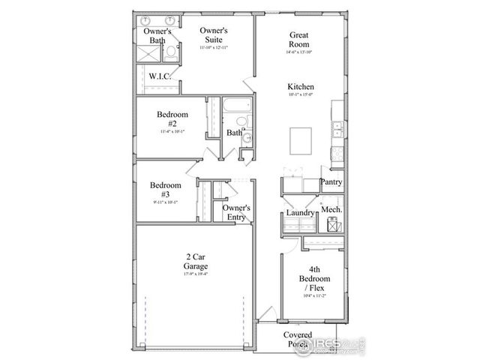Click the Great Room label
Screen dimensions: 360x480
(x=301, y=40)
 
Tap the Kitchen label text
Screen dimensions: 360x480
(x=301, y=87)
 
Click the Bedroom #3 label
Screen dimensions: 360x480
(x=165, y=189)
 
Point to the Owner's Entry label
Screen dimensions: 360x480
(x=236, y=212)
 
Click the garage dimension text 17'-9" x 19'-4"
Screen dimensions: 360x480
(x=196, y=274)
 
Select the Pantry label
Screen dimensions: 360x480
(x=331, y=182)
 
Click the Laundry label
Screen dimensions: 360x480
(x=300, y=213)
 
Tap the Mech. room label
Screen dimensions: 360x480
(x=332, y=209)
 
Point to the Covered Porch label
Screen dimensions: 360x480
(x=298, y=340)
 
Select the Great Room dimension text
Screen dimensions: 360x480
(x=301, y=52)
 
